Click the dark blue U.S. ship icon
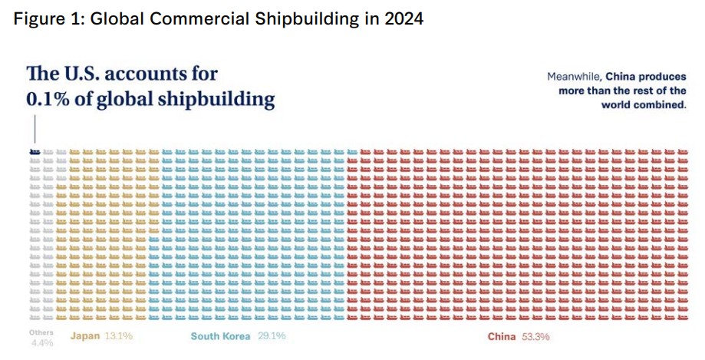click(x=35, y=152)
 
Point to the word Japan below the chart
click(x=84, y=336)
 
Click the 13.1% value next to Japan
click(x=118, y=336)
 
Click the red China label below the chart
click(x=502, y=337)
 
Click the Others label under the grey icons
click(x=41, y=332)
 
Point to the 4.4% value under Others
click(x=42, y=343)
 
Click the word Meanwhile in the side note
click(x=574, y=77)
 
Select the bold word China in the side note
click(x=619, y=77)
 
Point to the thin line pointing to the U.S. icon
click(x=35, y=130)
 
